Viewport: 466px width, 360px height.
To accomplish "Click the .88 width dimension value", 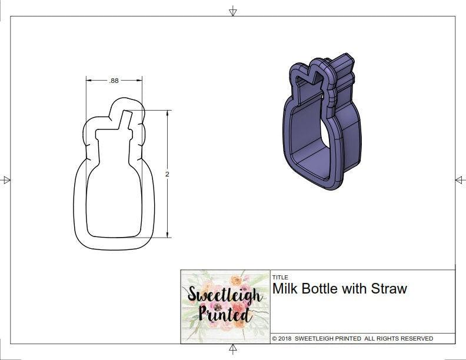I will click(x=114, y=81).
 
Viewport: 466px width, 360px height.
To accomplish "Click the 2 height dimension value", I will click(x=167, y=175).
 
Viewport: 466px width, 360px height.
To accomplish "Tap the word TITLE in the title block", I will click(x=280, y=277).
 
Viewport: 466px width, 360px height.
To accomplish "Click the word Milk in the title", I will click(x=285, y=289).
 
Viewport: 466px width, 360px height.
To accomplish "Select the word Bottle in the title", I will click(x=322, y=289).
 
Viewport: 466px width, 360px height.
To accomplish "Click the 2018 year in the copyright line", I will click(x=285, y=339).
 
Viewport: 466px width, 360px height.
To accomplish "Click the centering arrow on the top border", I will click(x=233, y=11).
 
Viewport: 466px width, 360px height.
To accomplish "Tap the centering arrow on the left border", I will click(x=6, y=180).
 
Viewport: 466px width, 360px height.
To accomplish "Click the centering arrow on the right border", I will click(x=460, y=180).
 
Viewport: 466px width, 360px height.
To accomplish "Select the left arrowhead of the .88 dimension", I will click(x=88, y=81).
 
